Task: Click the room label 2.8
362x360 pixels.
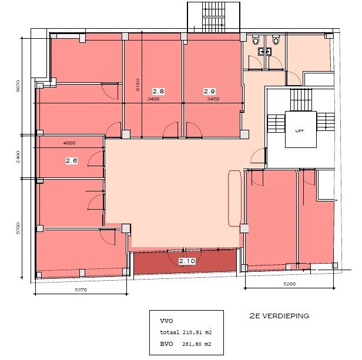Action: click(x=159, y=92)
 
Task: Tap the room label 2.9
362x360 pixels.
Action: click(x=209, y=92)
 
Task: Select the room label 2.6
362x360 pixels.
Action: click(x=72, y=160)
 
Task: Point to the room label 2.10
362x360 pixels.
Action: click(x=187, y=261)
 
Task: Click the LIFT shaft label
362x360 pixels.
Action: click(x=300, y=131)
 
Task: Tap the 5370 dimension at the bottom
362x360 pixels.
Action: click(x=81, y=290)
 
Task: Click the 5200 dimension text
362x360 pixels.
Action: click(x=290, y=284)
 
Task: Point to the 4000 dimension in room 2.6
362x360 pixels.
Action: click(x=69, y=143)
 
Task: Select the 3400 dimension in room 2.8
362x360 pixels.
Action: click(x=153, y=99)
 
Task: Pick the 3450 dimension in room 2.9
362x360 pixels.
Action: click(x=213, y=99)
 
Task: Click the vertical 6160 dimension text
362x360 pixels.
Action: click(x=138, y=85)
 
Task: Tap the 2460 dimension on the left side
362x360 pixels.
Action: click(x=18, y=157)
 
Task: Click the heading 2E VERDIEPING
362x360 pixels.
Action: click(x=279, y=316)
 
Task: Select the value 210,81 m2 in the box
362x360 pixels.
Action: click(x=197, y=332)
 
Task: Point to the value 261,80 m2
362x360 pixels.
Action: click(x=197, y=344)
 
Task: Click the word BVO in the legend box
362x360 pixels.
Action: click(x=166, y=344)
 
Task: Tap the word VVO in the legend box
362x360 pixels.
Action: click(x=166, y=321)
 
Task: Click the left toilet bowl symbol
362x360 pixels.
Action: click(x=255, y=40)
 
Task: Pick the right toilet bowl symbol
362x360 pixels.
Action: click(x=276, y=40)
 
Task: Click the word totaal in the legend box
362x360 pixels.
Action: click(x=170, y=332)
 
